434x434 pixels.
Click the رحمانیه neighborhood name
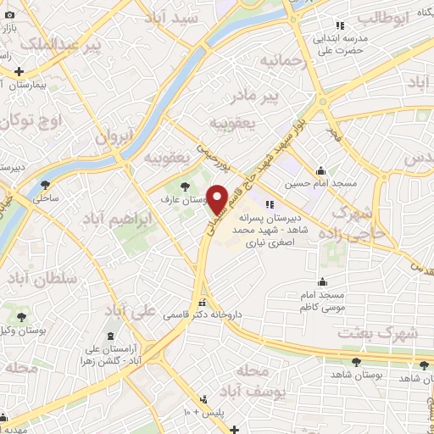281,61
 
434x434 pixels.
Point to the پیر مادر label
281,97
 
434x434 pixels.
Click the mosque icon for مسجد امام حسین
321,170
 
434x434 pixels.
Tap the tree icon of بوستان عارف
185,186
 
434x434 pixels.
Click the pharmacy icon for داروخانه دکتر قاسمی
202,303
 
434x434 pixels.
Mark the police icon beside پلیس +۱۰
203,399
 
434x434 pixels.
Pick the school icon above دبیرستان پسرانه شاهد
270,203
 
